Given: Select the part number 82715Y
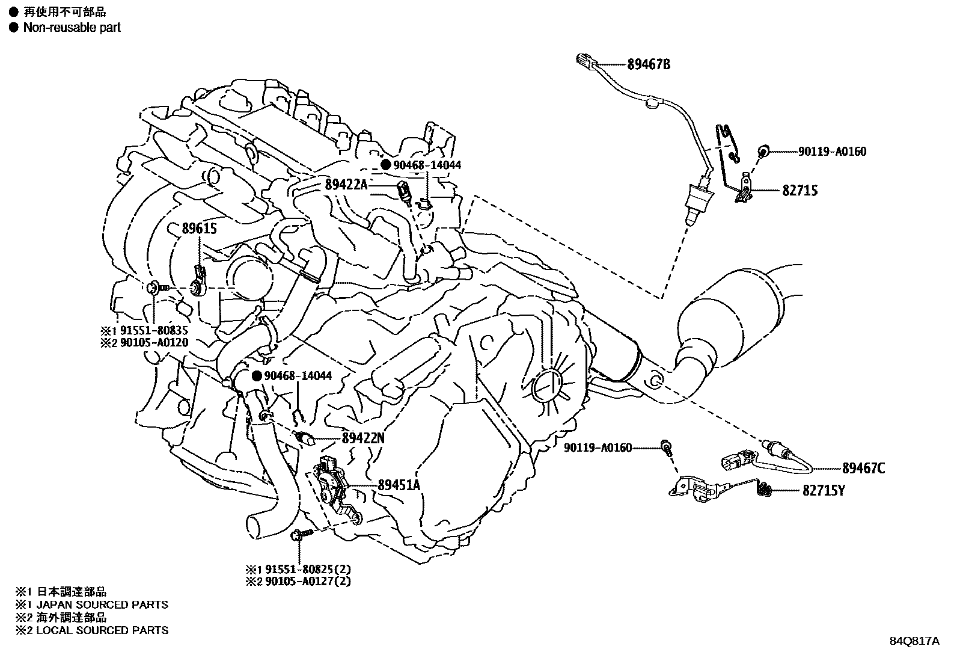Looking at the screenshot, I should pyautogui.click(x=824, y=491).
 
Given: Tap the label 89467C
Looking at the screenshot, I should pyautogui.click(x=863, y=468).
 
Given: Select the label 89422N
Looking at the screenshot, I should pyautogui.click(x=362, y=438).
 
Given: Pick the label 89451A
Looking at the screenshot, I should pyautogui.click(x=399, y=485).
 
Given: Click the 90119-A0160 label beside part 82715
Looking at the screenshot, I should pyautogui.click(x=832, y=152).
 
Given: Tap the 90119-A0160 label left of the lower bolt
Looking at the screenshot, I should pyautogui.click(x=598, y=447).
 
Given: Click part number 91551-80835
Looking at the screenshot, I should pyautogui.click(x=154, y=330).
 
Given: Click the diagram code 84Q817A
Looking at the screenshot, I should pyautogui.click(x=914, y=641).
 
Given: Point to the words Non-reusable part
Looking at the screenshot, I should pyautogui.click(x=72, y=28).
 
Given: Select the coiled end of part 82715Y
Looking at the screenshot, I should pyautogui.click(x=764, y=490).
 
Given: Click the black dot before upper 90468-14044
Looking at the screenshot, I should pyautogui.click(x=386, y=165).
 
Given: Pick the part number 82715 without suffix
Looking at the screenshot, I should pyautogui.click(x=800, y=191).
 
